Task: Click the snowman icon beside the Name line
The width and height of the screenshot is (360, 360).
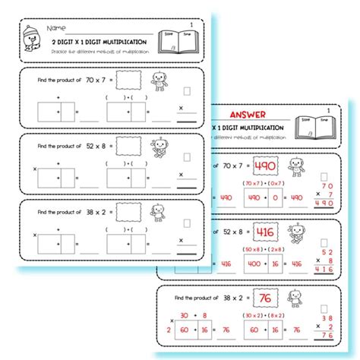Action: pos(30,37)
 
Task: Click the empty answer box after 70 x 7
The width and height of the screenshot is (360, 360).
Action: pos(134,80)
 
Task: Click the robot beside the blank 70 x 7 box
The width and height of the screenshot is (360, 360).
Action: pos(159,81)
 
